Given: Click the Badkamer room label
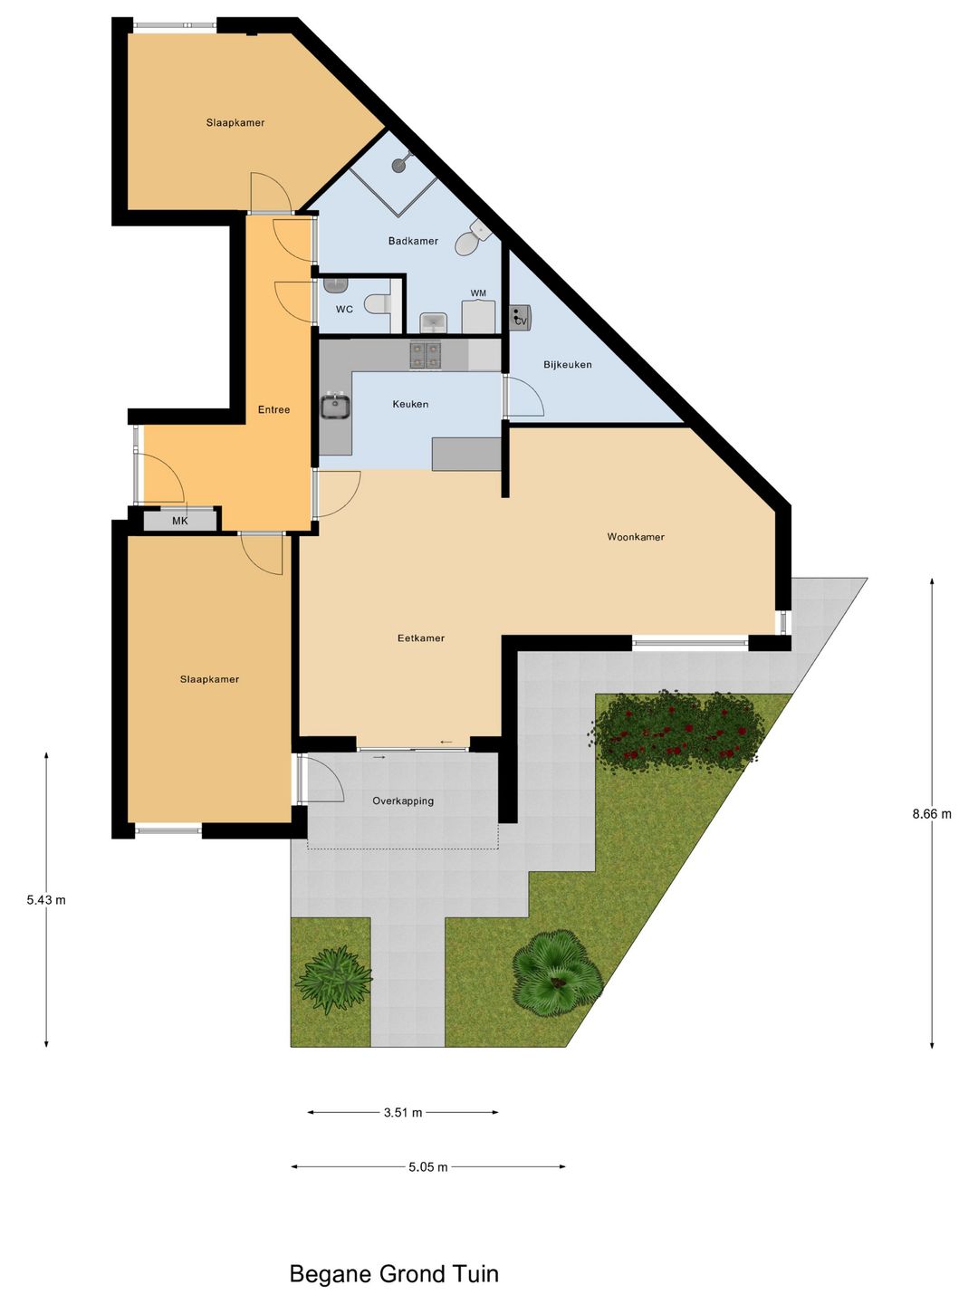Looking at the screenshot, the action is (413, 241).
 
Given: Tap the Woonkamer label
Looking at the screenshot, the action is (636, 537).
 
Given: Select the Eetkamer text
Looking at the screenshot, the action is (421, 638).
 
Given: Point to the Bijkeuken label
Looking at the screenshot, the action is (568, 365).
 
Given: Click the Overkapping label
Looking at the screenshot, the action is (403, 801).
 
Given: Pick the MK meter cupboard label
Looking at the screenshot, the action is (180, 521).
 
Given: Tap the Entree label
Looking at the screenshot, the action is (273, 410).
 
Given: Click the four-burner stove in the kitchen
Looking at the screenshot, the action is (425, 355).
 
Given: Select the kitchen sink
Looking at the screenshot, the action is (335, 407).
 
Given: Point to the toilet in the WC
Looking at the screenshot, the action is (375, 305).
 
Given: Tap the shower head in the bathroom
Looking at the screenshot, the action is (400, 163).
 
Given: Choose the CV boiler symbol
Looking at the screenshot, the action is (520, 318).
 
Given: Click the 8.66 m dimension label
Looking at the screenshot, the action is (932, 814).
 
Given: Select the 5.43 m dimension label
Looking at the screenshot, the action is (46, 900).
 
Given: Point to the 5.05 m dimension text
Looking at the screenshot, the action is (428, 1167).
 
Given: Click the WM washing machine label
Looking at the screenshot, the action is (478, 293).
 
